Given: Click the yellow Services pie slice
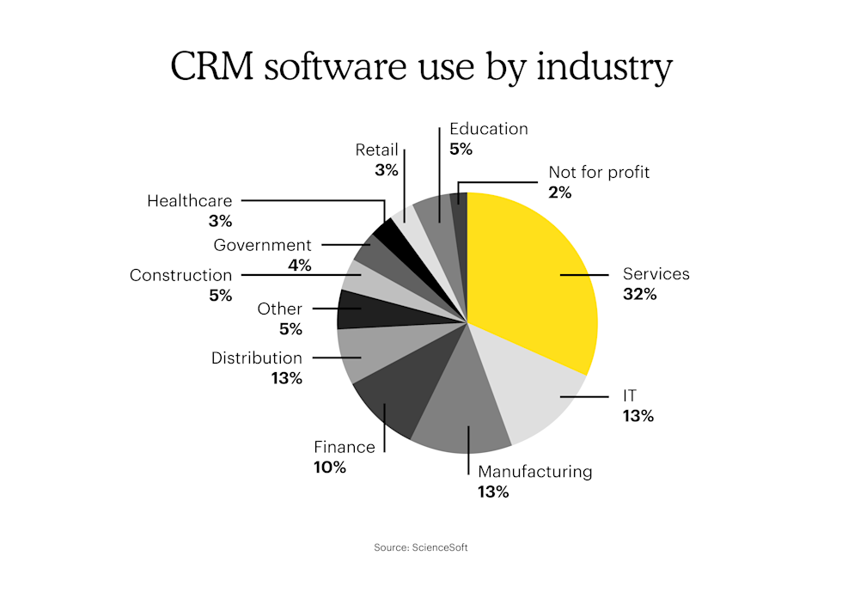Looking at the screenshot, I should tap(533, 275).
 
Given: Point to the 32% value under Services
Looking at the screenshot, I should tap(640, 294).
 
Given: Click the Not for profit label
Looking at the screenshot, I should tap(599, 172).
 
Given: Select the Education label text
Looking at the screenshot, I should tap(488, 129).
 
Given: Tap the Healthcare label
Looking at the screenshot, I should tap(189, 201).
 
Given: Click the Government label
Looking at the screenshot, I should tap(262, 246).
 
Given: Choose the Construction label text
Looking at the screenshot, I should tap(180, 276).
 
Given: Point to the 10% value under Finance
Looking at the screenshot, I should tap(330, 468).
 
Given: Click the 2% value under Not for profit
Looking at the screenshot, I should tap(560, 193).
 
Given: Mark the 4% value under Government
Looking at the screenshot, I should tap(299, 266).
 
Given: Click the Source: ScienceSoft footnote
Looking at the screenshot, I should tap(421, 547).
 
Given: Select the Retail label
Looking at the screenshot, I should tap(377, 150).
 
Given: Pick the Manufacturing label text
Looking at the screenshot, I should tap(534, 471).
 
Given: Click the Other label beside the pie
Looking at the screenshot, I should tap(280, 309).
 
